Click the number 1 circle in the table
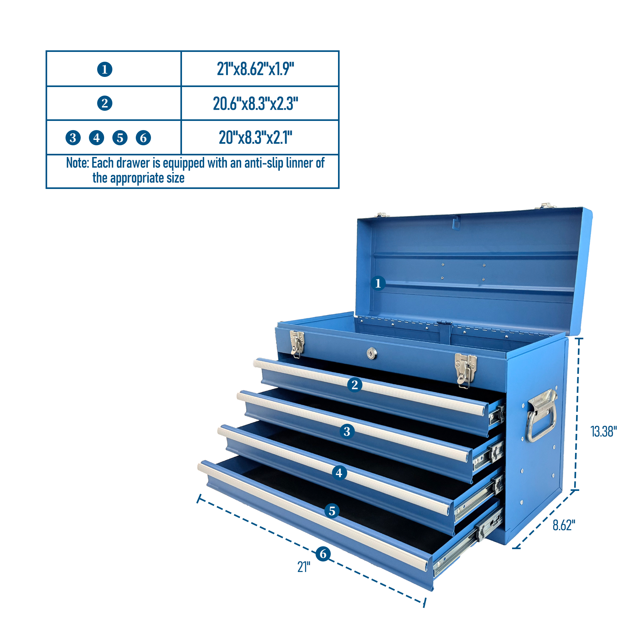pyautogui.click(x=105, y=69)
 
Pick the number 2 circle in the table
pyautogui.click(x=105, y=103)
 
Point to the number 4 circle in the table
pyautogui.click(x=97, y=138)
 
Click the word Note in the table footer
pyautogui.click(x=77, y=163)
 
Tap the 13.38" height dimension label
pyautogui.click(x=604, y=431)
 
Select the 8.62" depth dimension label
pyautogui.click(x=564, y=525)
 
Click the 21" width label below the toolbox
pyautogui.click(x=304, y=567)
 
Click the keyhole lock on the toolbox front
pyautogui.click(x=372, y=353)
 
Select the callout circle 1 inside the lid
pyautogui.click(x=378, y=283)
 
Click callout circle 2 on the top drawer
pyautogui.click(x=354, y=385)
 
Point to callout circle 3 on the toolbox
pyautogui.click(x=347, y=431)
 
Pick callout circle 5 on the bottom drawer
pyautogui.click(x=332, y=511)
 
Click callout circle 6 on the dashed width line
pyautogui.click(x=323, y=554)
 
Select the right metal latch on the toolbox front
pyautogui.click(x=465, y=371)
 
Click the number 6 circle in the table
pyautogui.click(x=143, y=138)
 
